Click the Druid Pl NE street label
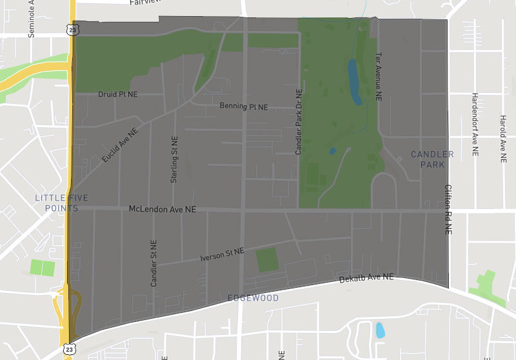point(118,94)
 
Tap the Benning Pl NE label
point(243,106)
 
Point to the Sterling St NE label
point(174,159)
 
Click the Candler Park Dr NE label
point(299,122)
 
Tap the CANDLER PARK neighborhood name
point(432,159)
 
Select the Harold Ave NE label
point(503,138)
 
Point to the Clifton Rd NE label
point(448,209)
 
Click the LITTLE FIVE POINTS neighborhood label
point(61,203)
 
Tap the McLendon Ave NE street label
point(163,210)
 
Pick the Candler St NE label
point(154,264)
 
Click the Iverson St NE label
point(222,254)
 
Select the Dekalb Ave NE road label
point(366,278)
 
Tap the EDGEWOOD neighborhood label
point(253,298)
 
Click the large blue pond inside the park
point(354,82)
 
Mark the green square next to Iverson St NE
point(266,259)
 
